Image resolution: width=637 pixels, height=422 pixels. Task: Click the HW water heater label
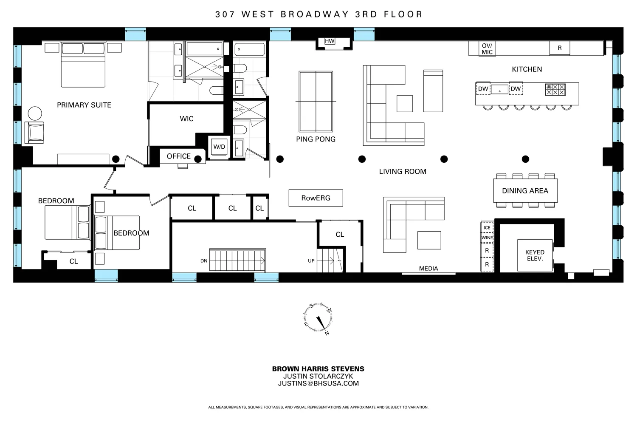330,41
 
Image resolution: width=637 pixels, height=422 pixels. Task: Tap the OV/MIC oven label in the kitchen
487,49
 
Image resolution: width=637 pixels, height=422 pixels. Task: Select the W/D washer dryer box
219,147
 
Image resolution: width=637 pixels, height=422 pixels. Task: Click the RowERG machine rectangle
316,198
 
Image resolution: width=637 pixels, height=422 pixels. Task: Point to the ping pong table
316,102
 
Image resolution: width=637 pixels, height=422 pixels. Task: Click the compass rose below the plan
318,318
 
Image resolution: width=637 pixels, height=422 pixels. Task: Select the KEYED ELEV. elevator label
535,255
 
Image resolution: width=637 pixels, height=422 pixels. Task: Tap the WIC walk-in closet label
186,119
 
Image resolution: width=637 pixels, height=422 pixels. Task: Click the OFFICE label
178,156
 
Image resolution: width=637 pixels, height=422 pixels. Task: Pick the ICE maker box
487,227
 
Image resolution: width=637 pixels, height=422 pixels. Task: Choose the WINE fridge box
487,238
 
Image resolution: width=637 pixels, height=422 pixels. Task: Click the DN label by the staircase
204,261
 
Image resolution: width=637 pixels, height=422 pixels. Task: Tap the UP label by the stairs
311,261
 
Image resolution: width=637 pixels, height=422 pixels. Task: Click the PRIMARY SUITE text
84,105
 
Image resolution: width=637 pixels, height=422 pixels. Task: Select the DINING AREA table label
525,191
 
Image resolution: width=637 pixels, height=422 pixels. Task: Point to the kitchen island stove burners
555,89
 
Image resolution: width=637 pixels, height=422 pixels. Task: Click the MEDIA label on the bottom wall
428,269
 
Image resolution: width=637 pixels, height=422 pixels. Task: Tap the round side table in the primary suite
35,113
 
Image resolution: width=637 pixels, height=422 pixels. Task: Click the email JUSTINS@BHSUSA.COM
318,383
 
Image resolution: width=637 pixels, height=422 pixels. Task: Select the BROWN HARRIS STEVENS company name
318,369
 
